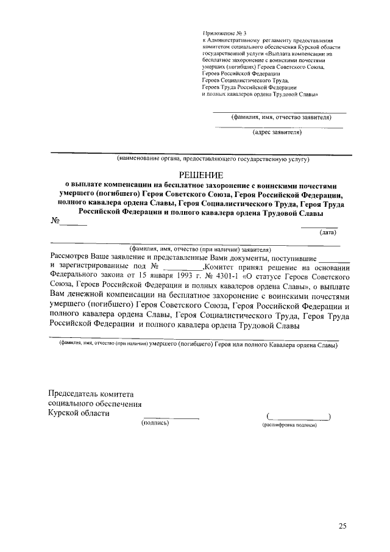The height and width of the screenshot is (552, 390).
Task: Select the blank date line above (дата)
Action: (x=319, y=226)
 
